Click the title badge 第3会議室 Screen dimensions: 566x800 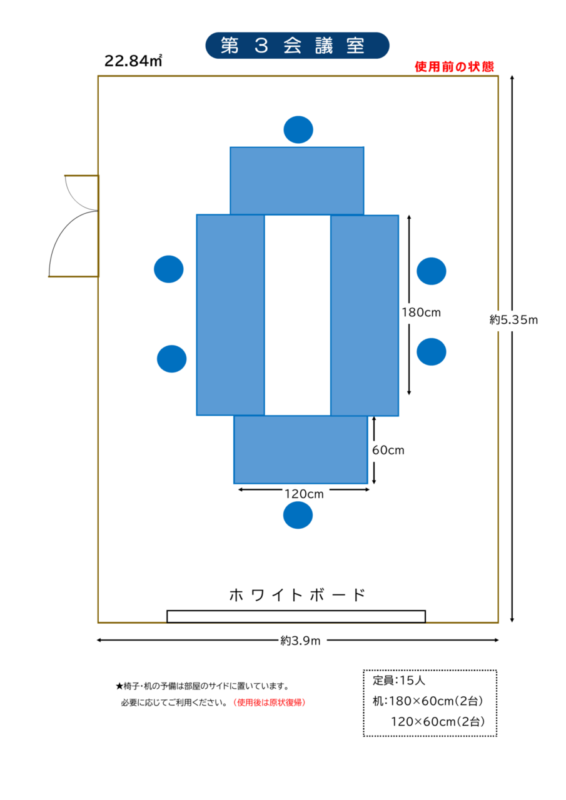[297, 46]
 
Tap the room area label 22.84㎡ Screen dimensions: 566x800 [133, 61]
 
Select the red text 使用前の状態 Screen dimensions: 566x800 [454, 67]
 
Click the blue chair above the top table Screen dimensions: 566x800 [298, 129]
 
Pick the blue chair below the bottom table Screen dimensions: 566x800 [298, 515]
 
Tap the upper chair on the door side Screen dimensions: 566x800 [169, 269]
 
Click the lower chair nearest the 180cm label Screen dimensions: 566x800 [432, 352]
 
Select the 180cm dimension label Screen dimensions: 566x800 [422, 312]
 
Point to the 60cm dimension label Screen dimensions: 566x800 [388, 451]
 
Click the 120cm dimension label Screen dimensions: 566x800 [304, 494]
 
